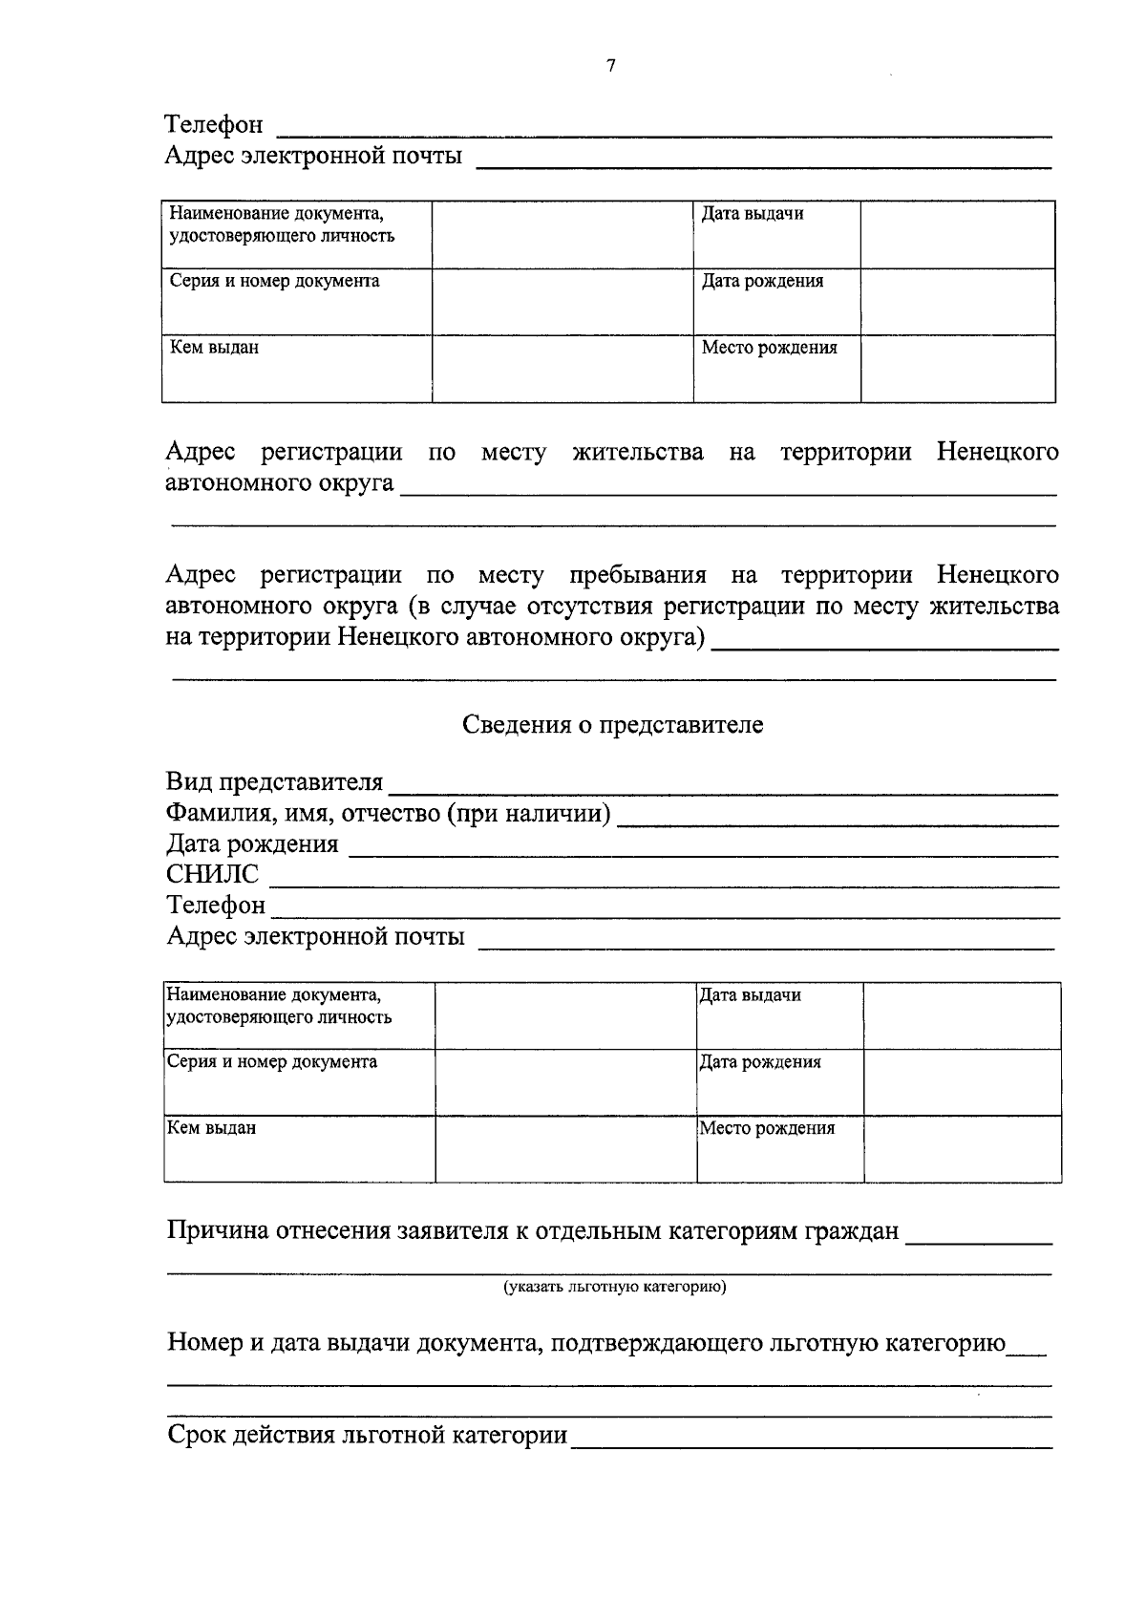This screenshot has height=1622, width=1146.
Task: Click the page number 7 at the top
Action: (611, 66)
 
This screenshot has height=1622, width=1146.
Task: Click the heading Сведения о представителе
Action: (612, 725)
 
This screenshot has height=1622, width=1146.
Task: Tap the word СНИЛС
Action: (212, 874)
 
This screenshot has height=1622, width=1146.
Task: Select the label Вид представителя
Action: (274, 783)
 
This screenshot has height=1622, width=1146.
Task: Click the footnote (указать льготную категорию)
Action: (615, 1287)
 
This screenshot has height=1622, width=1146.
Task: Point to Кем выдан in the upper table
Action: (214, 349)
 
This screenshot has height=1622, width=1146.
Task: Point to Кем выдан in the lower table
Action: (211, 1128)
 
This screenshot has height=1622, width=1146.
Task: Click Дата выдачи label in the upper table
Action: (752, 214)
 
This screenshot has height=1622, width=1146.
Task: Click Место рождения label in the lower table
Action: (767, 1128)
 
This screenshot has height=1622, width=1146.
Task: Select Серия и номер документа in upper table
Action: (274, 282)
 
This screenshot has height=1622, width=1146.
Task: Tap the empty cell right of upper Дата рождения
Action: (957, 302)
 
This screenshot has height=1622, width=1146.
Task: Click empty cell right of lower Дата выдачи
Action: (961, 1015)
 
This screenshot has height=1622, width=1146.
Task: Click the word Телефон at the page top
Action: (214, 125)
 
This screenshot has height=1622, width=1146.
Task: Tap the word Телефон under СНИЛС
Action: (216, 905)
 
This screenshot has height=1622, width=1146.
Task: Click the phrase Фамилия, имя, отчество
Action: (304, 814)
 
